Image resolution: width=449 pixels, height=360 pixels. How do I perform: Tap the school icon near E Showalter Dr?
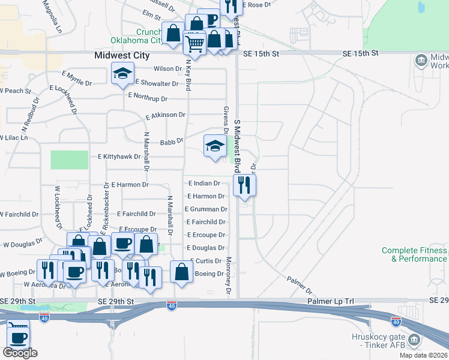pos(122,75)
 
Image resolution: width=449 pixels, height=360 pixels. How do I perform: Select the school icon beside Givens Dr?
pos(215,146)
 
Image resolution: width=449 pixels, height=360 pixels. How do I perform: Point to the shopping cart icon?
pos(194,43)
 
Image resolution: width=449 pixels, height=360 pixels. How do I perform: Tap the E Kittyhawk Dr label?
pos(119,157)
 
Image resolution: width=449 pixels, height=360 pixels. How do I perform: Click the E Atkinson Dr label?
pos(166,114)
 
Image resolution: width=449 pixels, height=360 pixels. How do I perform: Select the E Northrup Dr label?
pos(148,97)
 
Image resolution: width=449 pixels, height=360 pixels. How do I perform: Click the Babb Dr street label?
pos(171,142)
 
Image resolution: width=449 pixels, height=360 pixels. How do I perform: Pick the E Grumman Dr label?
pos(206,209)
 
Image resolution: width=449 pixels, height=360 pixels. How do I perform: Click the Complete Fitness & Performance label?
pos(414,254)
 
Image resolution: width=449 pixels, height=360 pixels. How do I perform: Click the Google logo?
pos(20,353)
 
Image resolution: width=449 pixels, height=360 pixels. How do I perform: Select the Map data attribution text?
pos(423,355)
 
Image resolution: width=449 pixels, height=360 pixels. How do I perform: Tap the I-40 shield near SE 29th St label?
pos(172,306)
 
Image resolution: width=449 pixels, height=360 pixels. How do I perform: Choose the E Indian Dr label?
pos(204,183)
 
